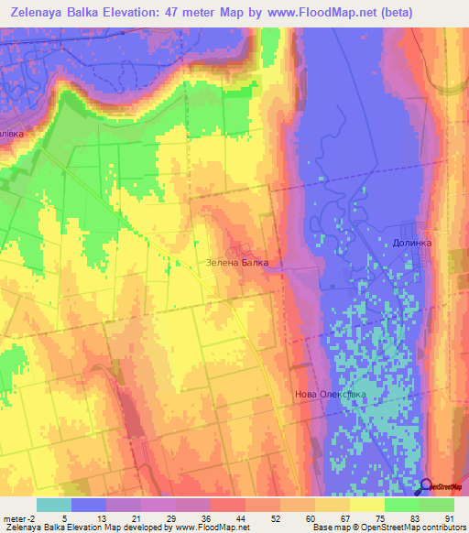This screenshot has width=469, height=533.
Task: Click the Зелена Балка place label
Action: click(236, 263)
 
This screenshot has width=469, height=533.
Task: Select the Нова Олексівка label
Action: click(330, 395)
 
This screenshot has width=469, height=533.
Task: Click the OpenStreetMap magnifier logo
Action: click(429, 486)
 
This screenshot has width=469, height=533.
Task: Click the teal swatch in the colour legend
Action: click(54, 505)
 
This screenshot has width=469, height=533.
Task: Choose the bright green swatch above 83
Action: click(402, 505)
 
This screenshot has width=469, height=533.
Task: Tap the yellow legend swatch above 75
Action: click(367, 505)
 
